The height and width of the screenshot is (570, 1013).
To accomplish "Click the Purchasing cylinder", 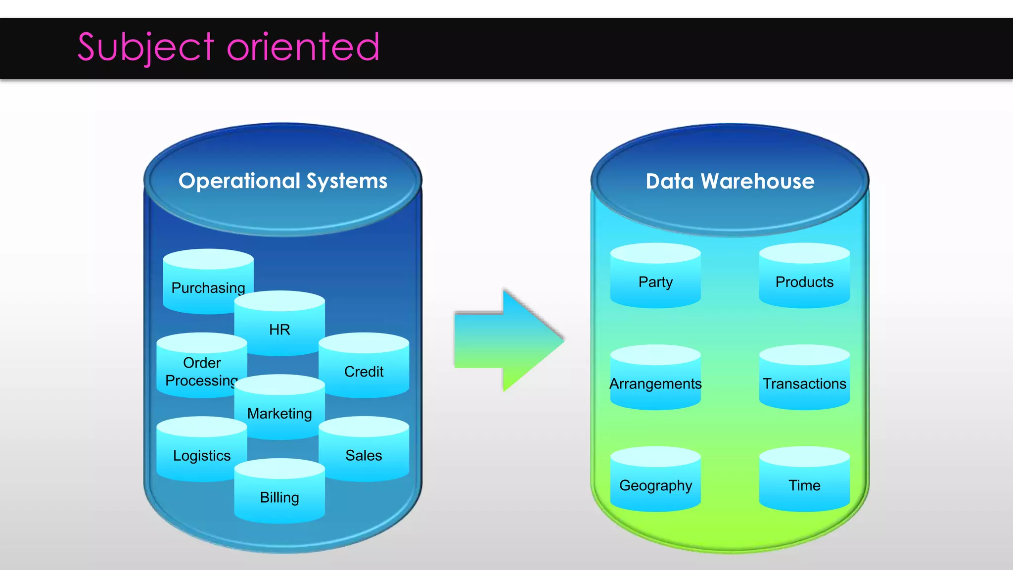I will click(208, 282).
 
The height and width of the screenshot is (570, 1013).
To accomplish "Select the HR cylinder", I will click(279, 327).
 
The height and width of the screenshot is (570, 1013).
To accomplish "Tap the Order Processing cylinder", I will click(201, 369).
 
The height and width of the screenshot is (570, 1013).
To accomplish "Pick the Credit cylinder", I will click(364, 369).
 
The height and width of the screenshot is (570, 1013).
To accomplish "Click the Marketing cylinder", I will click(279, 411).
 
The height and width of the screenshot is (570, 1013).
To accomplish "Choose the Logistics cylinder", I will click(201, 453).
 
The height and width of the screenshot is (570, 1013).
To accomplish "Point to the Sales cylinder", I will click(364, 453).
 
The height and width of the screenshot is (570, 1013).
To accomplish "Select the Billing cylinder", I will click(279, 495).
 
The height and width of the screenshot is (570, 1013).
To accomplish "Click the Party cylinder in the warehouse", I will click(655, 280).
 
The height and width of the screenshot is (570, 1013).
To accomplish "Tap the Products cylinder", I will click(804, 280).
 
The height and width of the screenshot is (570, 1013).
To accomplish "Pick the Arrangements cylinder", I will click(655, 381).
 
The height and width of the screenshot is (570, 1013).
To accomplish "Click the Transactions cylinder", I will click(804, 381).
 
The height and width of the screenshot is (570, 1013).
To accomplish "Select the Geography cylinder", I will click(655, 482).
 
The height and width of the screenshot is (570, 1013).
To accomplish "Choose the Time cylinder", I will click(804, 482).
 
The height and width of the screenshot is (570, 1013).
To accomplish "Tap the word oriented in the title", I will click(303, 47).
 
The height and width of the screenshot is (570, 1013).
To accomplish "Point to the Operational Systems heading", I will click(283, 181).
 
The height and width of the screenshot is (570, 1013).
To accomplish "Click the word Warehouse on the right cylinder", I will click(757, 182).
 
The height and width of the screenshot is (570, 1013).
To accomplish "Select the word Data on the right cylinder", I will click(670, 182).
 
